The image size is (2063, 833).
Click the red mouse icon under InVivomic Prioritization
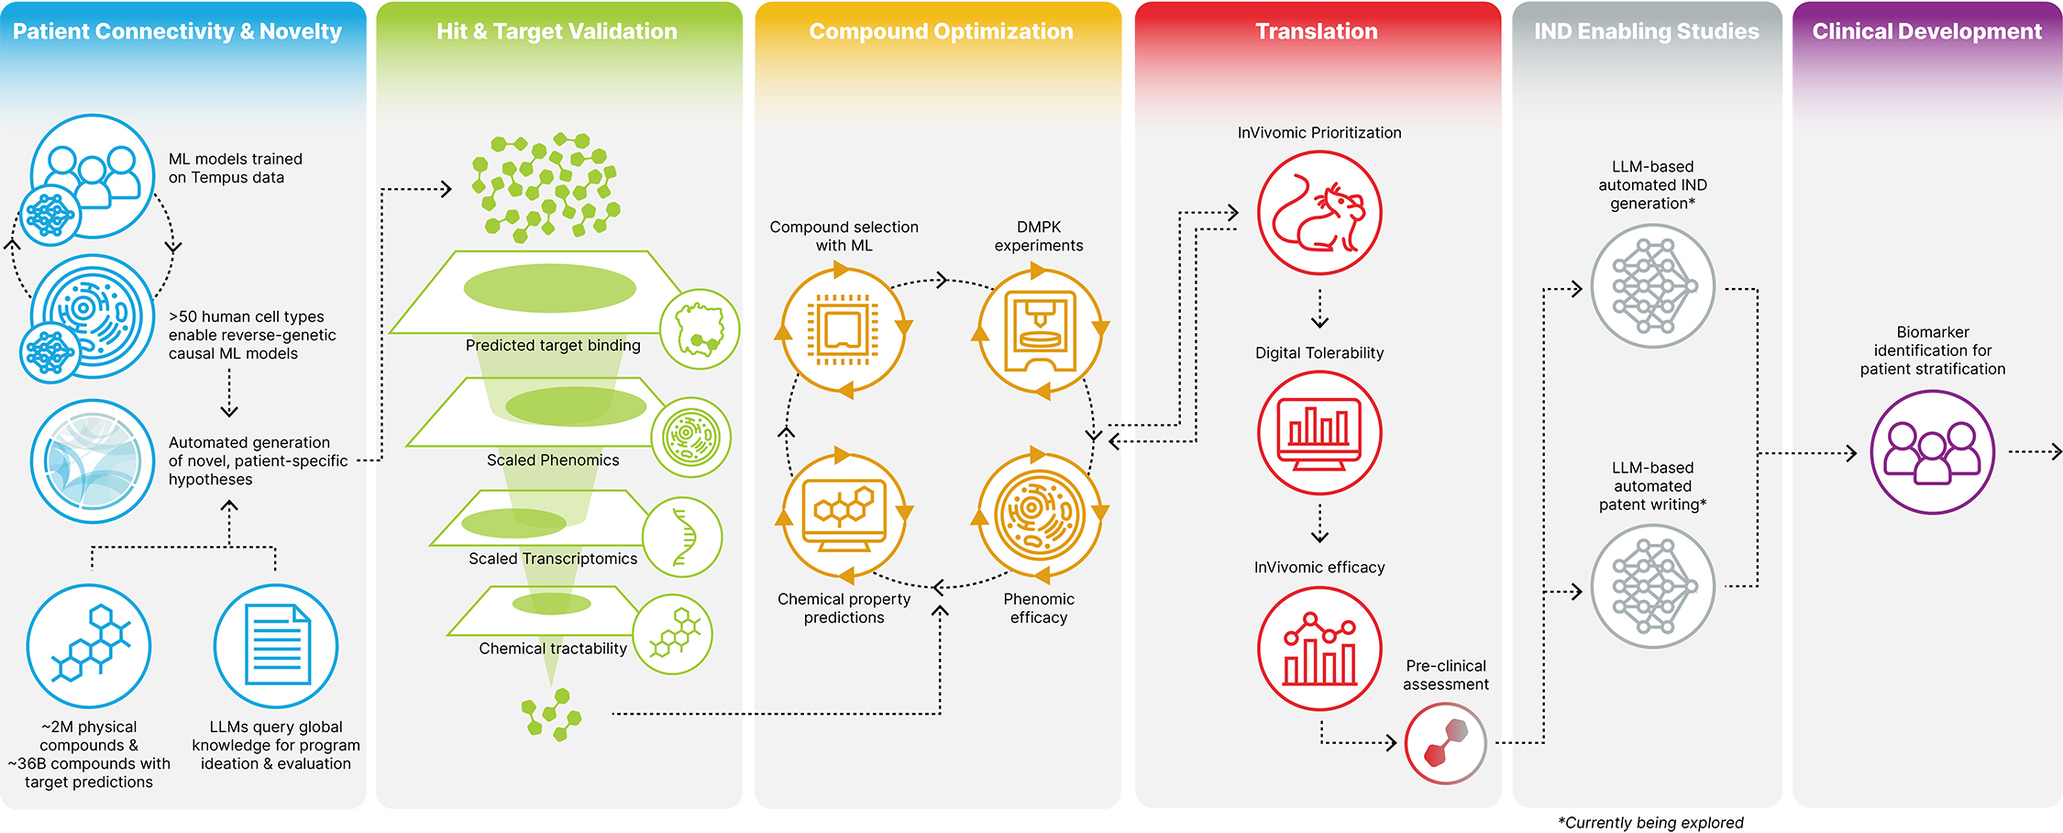[1318, 213]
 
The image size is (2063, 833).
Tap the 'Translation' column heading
[1316, 32]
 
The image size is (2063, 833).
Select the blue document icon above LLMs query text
[276, 646]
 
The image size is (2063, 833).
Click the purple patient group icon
[1932, 452]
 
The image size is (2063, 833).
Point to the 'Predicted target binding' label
[553, 346]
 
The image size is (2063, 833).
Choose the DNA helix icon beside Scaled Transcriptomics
[682, 537]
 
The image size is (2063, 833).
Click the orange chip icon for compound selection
[843, 330]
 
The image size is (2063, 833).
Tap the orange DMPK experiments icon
[1039, 330]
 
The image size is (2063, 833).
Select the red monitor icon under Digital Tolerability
[1318, 433]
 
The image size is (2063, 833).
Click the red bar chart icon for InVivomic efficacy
[1318, 649]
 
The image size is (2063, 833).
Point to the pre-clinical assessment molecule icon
[1445, 743]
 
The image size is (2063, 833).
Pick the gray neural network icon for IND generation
[1652, 286]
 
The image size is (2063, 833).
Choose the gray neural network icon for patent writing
[1652, 586]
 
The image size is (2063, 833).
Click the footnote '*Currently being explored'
[1650, 823]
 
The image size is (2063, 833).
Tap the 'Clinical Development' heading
[1926, 32]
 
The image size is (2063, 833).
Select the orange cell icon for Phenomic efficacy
[1039, 514]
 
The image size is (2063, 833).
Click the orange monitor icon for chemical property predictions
[843, 514]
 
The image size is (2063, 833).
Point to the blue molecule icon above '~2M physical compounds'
[89, 646]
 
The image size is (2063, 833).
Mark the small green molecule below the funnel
[551, 714]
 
